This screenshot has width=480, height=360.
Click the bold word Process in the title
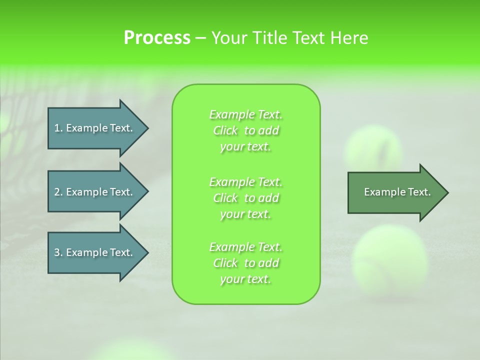[x=157, y=38]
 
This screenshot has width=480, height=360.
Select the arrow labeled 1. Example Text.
[x=94, y=128]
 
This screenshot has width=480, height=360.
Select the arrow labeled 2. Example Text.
[x=94, y=192]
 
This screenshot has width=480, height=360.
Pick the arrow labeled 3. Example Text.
[x=94, y=252]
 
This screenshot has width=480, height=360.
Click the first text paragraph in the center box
[x=245, y=130]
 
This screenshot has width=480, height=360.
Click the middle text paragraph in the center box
[x=245, y=198]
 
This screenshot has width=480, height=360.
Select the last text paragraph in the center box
[x=245, y=263]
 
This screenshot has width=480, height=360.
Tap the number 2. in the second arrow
[x=58, y=192]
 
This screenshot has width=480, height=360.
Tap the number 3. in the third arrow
[x=58, y=252]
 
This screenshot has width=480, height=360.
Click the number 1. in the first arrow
[x=58, y=128]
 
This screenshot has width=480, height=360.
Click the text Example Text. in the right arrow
[x=397, y=192]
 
